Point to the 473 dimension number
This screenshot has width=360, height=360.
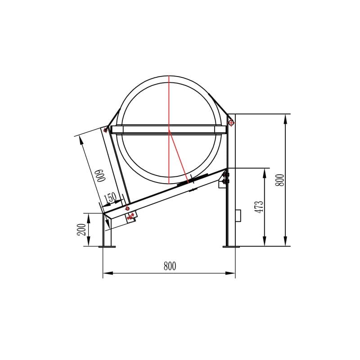click(x=259, y=207)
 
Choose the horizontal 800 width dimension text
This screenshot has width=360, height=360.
click(x=170, y=266)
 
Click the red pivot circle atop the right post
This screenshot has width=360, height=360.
click(x=231, y=122)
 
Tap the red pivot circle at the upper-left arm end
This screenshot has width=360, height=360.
click(x=105, y=130)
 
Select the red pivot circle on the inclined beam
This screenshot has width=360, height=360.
click(x=127, y=209)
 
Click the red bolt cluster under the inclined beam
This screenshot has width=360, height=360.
click(x=131, y=217)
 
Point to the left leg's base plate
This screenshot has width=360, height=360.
click(x=107, y=246)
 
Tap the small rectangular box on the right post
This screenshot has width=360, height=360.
click(x=238, y=216)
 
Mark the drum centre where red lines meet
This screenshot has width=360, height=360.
click(x=169, y=131)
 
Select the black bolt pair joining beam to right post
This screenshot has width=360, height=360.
click(x=226, y=178)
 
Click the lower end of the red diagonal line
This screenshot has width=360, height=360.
click(x=188, y=181)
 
